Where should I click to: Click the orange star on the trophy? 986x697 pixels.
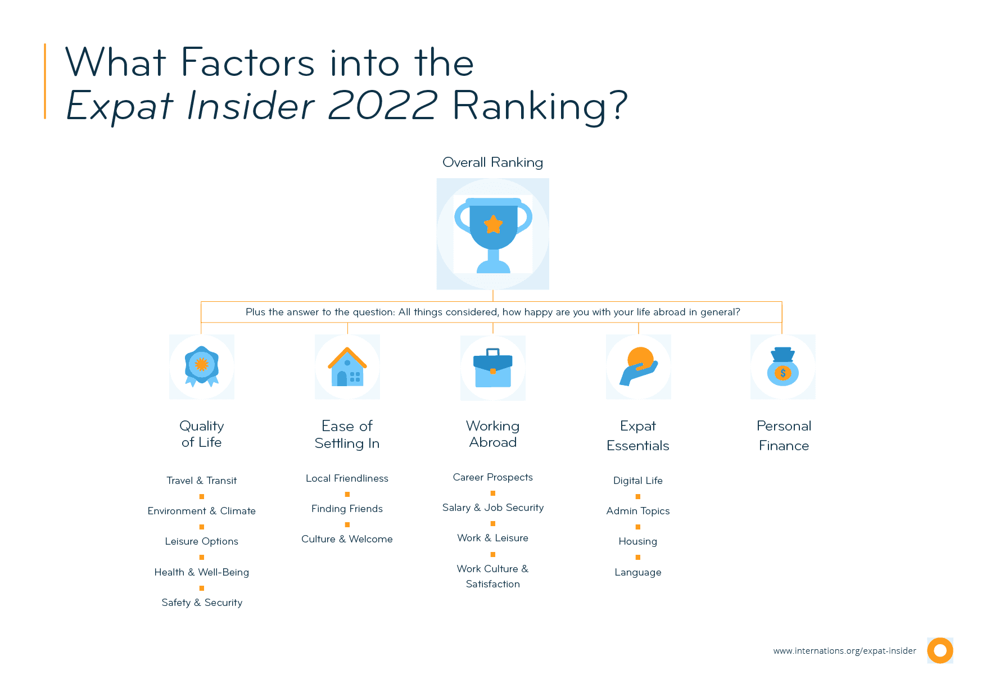click(x=493, y=224)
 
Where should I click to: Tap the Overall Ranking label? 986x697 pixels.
click(x=492, y=162)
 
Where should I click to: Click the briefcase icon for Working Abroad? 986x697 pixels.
click(x=493, y=368)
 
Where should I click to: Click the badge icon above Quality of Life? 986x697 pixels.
click(x=202, y=366)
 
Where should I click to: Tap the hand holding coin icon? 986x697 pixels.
click(x=639, y=366)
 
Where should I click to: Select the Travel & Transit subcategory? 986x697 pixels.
click(x=201, y=481)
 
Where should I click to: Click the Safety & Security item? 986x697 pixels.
click(x=202, y=603)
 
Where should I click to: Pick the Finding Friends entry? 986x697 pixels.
click(x=347, y=509)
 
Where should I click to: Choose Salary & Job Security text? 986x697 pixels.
click(x=493, y=508)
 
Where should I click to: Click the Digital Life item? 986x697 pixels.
click(x=638, y=481)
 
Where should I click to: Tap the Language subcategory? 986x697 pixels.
click(x=638, y=572)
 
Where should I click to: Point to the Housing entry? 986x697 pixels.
click(x=638, y=541)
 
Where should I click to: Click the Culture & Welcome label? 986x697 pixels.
click(x=347, y=539)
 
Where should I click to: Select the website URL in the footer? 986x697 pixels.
click(x=844, y=651)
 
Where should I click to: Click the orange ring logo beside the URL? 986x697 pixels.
click(x=940, y=650)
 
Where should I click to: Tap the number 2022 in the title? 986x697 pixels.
click(x=382, y=105)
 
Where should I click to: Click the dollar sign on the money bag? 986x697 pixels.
click(x=783, y=373)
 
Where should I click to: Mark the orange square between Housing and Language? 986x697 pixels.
click(x=638, y=557)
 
